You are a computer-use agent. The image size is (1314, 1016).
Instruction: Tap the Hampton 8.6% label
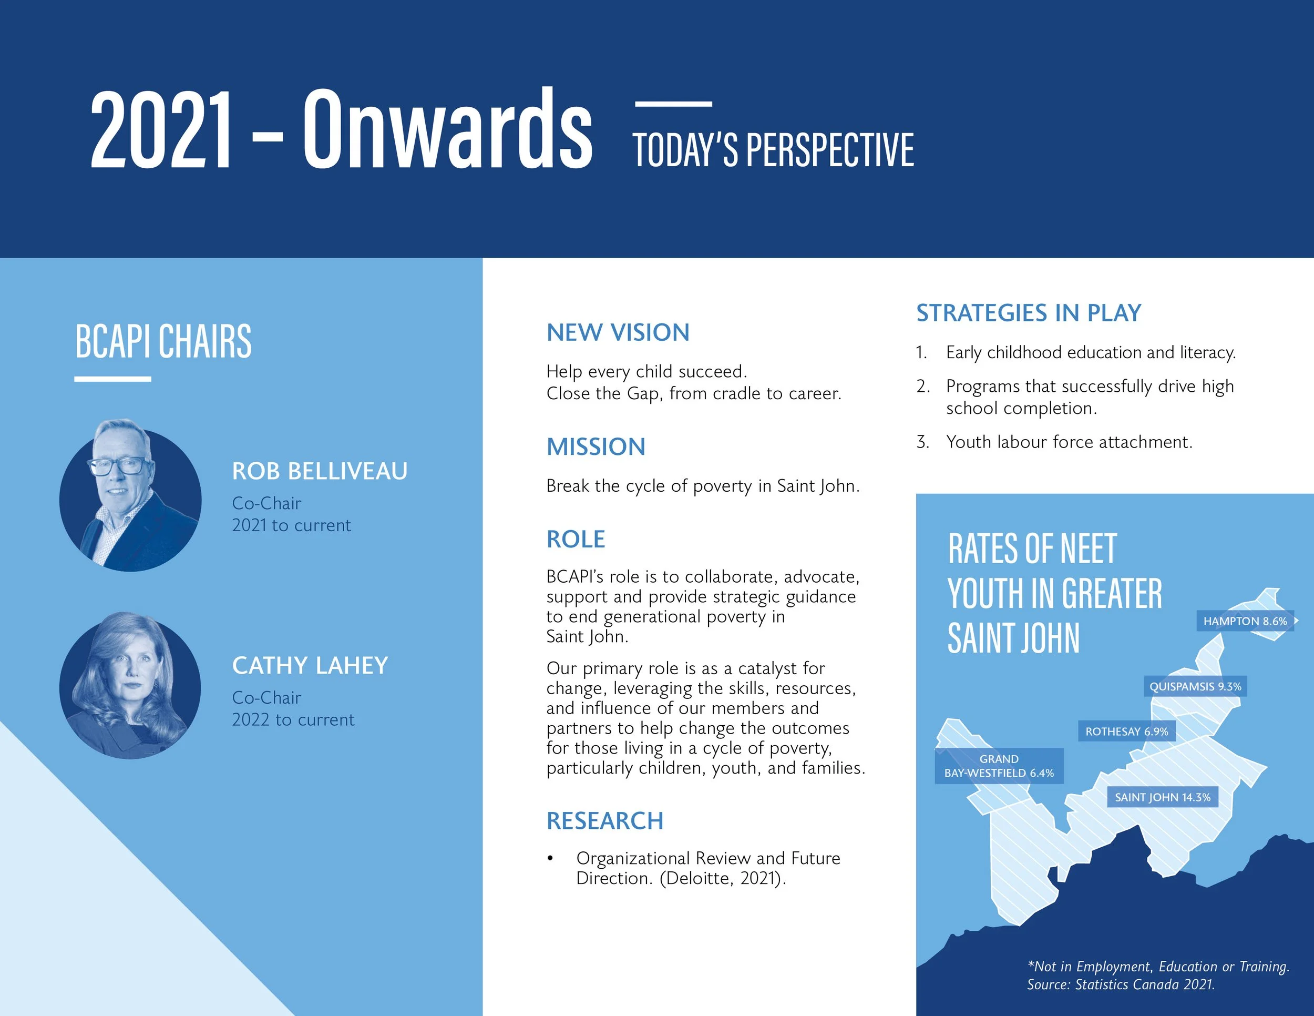coord(1244,621)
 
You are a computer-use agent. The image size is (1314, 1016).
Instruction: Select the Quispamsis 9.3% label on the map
coord(1195,686)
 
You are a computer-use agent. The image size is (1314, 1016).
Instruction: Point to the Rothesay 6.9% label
coord(1126,731)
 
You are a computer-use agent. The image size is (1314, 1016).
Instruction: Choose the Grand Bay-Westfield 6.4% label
coord(999,766)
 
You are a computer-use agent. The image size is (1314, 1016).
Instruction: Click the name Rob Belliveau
coord(320,471)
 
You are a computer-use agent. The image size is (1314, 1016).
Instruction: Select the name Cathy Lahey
coord(310,666)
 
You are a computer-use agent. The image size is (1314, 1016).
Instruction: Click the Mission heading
coord(596,446)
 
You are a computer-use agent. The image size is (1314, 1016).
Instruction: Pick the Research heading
coord(604,821)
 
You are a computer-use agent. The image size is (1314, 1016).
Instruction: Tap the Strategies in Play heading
coord(1028,313)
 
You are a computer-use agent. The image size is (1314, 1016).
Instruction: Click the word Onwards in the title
coord(447,129)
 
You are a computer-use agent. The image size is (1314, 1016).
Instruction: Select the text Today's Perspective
coord(773,150)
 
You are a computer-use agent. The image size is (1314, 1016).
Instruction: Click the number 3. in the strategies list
coord(922,442)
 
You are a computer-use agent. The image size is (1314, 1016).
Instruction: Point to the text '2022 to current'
coord(293,720)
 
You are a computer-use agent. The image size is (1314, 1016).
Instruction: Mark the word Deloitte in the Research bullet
coord(695,879)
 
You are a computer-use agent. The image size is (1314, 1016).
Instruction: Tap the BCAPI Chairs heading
coord(163,341)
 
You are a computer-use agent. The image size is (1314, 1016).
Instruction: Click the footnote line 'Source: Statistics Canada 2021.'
coord(1120,984)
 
